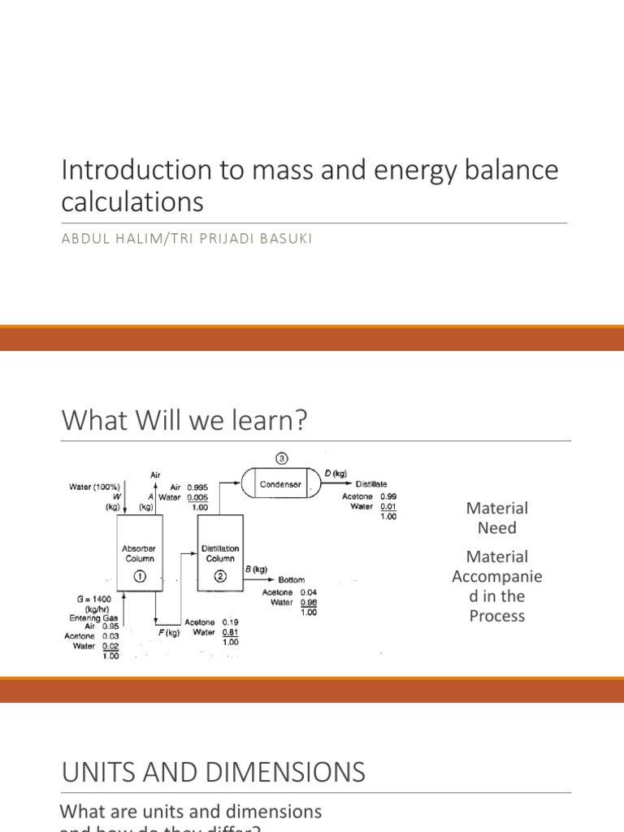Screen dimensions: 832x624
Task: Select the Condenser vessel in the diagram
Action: (x=279, y=485)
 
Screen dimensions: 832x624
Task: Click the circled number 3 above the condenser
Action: (x=279, y=457)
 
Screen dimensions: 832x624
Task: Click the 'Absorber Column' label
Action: (x=138, y=553)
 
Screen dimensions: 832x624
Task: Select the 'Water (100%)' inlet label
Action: (x=95, y=487)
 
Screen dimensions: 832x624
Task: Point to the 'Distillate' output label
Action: (x=371, y=484)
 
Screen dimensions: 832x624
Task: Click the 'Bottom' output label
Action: (x=292, y=580)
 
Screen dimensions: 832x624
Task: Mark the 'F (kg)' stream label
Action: (x=168, y=631)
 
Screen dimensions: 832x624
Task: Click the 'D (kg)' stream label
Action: (x=336, y=474)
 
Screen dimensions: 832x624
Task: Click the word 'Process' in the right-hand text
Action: (x=496, y=615)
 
